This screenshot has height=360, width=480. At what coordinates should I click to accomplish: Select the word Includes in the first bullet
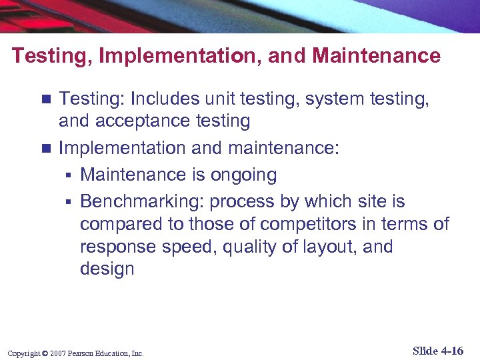pos(167,99)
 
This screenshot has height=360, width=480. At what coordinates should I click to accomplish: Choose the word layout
pos(319,247)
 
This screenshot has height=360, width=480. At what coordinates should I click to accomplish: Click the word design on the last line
pos(107,269)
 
